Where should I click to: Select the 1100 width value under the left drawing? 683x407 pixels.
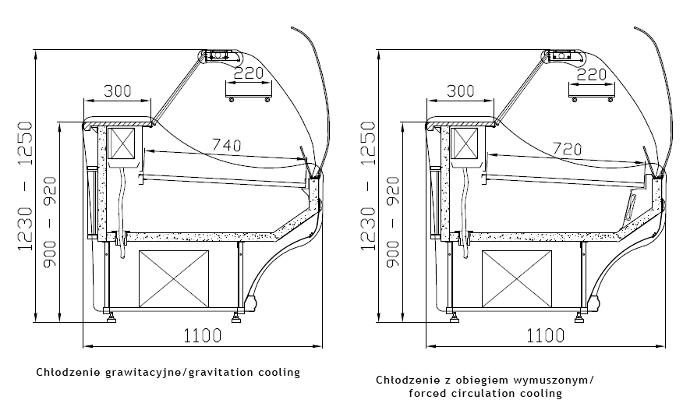[203, 336]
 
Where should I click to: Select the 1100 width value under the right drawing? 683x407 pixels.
[546, 336]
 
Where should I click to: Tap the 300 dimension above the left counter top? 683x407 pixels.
[118, 90]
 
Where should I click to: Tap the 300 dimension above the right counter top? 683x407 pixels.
[461, 90]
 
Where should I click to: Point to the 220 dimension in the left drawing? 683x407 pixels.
[247, 74]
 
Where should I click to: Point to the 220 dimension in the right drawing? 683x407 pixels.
[591, 74]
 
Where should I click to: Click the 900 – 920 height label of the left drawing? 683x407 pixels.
[50, 222]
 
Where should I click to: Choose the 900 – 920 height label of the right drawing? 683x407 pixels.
[392, 222]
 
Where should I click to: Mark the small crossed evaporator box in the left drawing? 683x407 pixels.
[122, 145]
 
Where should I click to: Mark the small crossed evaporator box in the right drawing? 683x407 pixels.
[465, 145]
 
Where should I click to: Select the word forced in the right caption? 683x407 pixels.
[426, 393]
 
